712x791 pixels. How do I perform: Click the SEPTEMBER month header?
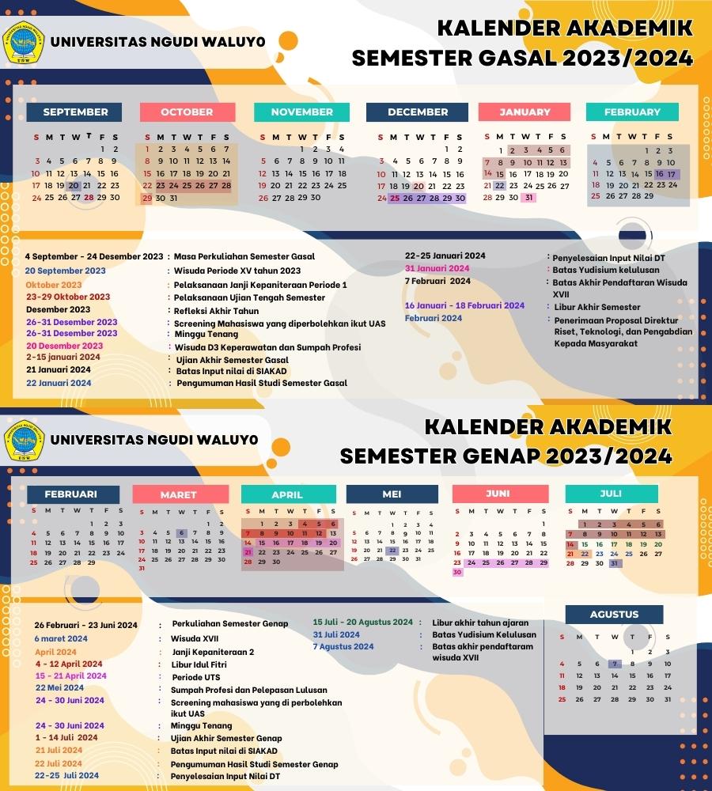[75, 112]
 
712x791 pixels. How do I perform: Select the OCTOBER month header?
[187, 112]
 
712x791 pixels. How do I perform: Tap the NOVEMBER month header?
[301, 112]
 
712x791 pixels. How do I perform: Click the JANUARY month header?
[525, 112]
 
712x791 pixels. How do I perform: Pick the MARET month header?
[178, 494]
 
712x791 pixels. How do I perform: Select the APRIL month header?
[287, 494]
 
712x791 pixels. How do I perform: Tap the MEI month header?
[392, 494]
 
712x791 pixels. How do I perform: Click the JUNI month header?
[498, 494]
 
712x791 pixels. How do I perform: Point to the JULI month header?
[611, 494]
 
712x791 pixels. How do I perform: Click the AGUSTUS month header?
[614, 615]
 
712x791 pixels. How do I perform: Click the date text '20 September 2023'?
[65, 271]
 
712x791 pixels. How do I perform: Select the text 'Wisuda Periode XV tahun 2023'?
[237, 271]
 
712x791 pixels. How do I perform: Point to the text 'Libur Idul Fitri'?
[199, 664]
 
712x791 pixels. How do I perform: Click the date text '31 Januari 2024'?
[437, 268]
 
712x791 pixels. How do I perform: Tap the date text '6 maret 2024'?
[61, 638]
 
